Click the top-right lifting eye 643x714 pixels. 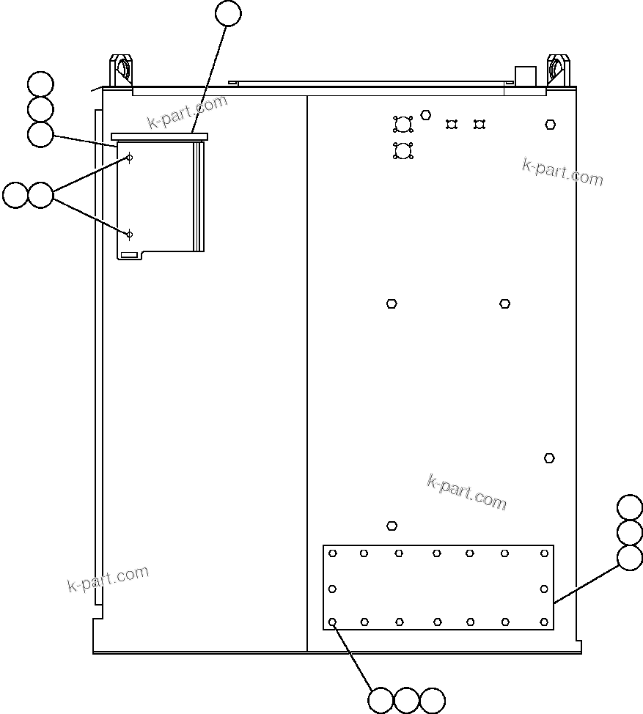point(558,70)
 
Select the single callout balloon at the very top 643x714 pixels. point(229,13)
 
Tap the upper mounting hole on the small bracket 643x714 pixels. point(130,158)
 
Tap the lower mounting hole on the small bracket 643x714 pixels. point(130,235)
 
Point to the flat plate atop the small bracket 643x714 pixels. point(160,136)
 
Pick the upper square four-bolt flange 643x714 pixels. point(403,124)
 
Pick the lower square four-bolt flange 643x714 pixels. point(403,151)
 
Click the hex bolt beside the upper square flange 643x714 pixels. point(426,115)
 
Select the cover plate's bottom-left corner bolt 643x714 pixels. point(333,622)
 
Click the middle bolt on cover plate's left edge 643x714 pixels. point(333,589)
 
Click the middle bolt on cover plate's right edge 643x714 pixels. point(544,589)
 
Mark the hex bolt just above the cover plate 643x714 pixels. point(392,526)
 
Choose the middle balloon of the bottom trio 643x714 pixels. point(406,701)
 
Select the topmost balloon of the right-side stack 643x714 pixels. point(630,507)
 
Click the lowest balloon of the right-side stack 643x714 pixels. point(630,558)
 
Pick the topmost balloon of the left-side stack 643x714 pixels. point(40,84)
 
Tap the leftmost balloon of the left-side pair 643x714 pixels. point(15,196)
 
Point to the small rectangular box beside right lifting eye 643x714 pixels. point(526,76)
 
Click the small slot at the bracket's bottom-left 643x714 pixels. point(129,254)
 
